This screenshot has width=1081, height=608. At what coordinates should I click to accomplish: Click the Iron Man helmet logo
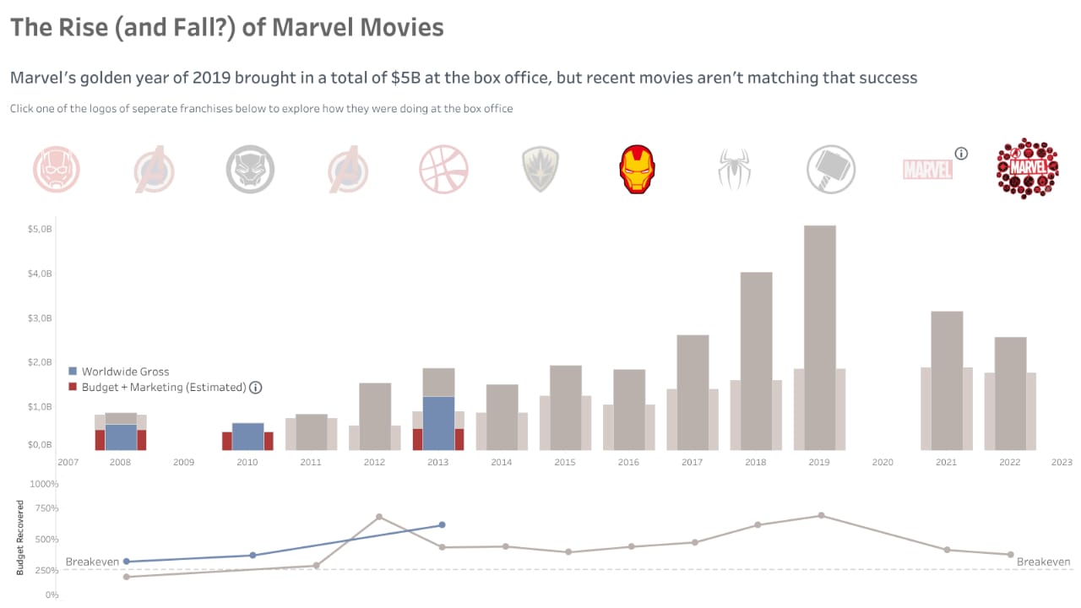pyautogui.click(x=638, y=169)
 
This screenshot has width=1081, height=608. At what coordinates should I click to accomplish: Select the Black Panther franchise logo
pyautogui.click(x=250, y=169)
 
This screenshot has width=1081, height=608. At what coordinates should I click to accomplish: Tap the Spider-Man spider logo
pyautogui.click(x=734, y=169)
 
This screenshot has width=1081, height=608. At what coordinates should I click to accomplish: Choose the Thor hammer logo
pyautogui.click(x=831, y=169)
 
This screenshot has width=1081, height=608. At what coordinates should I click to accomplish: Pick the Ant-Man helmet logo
pyautogui.click(x=57, y=169)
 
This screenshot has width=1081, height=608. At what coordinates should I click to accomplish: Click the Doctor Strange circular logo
pyautogui.click(x=443, y=169)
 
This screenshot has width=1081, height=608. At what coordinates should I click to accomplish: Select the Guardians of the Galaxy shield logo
pyautogui.click(x=540, y=169)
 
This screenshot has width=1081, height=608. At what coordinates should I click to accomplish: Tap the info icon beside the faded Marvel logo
pyautogui.click(x=961, y=154)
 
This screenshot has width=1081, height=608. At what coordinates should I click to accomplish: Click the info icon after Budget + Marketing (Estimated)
pyautogui.click(x=256, y=388)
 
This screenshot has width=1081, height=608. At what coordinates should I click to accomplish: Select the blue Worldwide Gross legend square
pyautogui.click(x=73, y=372)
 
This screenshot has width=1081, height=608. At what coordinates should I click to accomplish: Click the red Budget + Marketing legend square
pyautogui.click(x=73, y=387)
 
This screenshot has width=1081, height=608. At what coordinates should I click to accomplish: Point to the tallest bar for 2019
pyautogui.click(x=819, y=338)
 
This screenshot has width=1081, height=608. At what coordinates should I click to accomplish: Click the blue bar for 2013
pyautogui.click(x=438, y=422)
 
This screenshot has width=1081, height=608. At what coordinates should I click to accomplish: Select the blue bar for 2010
pyautogui.click(x=247, y=437)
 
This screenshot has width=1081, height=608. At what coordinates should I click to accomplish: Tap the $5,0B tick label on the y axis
pyautogui.click(x=39, y=230)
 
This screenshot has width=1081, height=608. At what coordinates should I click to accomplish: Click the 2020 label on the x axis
pyautogui.click(x=883, y=463)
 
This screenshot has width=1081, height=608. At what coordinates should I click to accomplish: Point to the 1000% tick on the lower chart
pyautogui.click(x=45, y=484)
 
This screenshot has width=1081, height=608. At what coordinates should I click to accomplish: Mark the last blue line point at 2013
pyautogui.click(x=442, y=525)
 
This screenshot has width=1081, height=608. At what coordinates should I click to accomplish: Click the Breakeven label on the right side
pyautogui.click(x=1043, y=562)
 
